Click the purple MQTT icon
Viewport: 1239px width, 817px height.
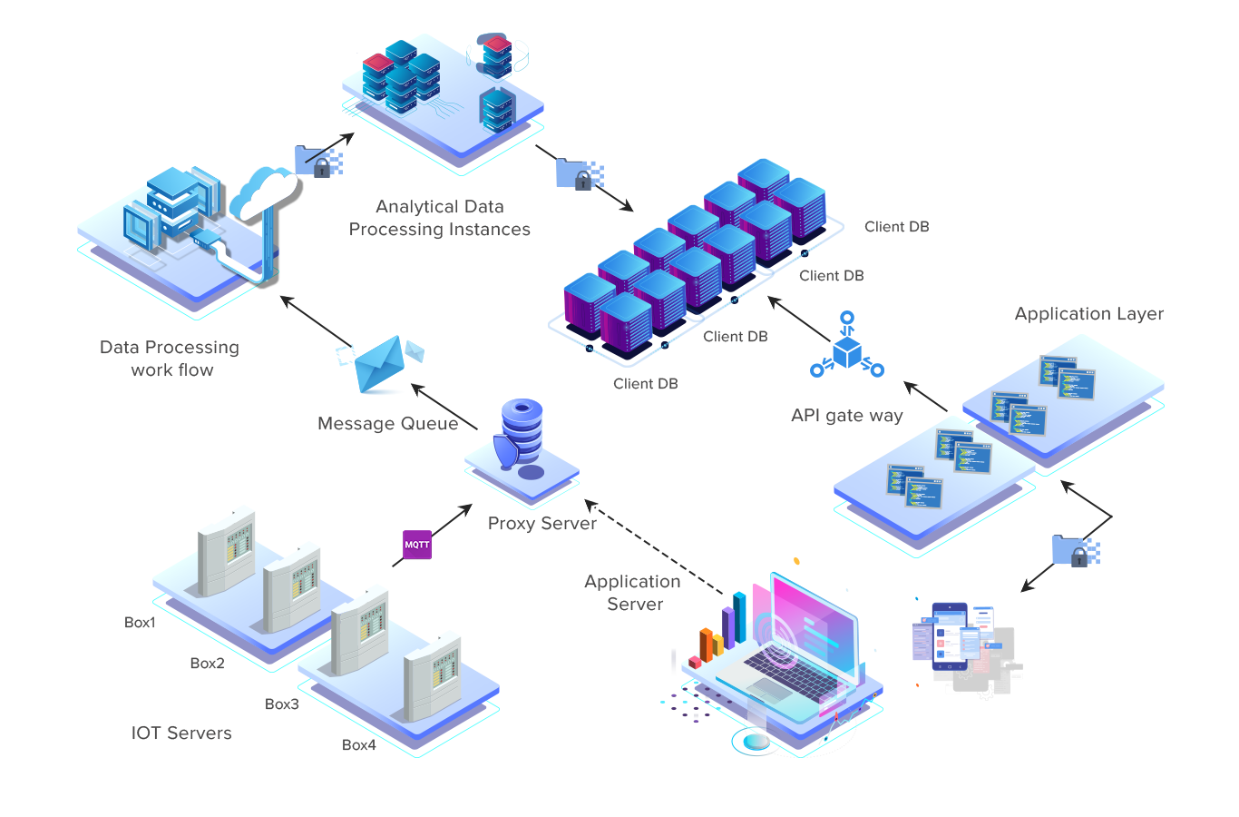click(417, 545)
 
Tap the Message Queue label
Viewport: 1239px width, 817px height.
click(388, 424)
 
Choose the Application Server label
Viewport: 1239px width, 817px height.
click(633, 593)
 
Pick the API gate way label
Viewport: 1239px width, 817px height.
click(847, 416)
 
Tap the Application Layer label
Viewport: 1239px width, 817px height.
click(1088, 314)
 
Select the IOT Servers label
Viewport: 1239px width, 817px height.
click(181, 733)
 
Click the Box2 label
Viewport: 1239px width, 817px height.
click(207, 664)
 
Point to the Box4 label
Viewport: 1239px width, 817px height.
click(358, 745)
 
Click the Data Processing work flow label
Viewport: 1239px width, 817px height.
click(171, 359)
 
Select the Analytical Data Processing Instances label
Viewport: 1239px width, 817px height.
click(440, 219)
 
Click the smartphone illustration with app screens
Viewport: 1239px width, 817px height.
click(951, 636)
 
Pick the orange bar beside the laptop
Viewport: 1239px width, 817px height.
click(706, 645)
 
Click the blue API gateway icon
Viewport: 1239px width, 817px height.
click(847, 345)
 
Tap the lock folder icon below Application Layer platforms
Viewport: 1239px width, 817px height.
click(1075, 551)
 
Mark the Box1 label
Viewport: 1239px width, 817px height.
click(139, 623)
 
